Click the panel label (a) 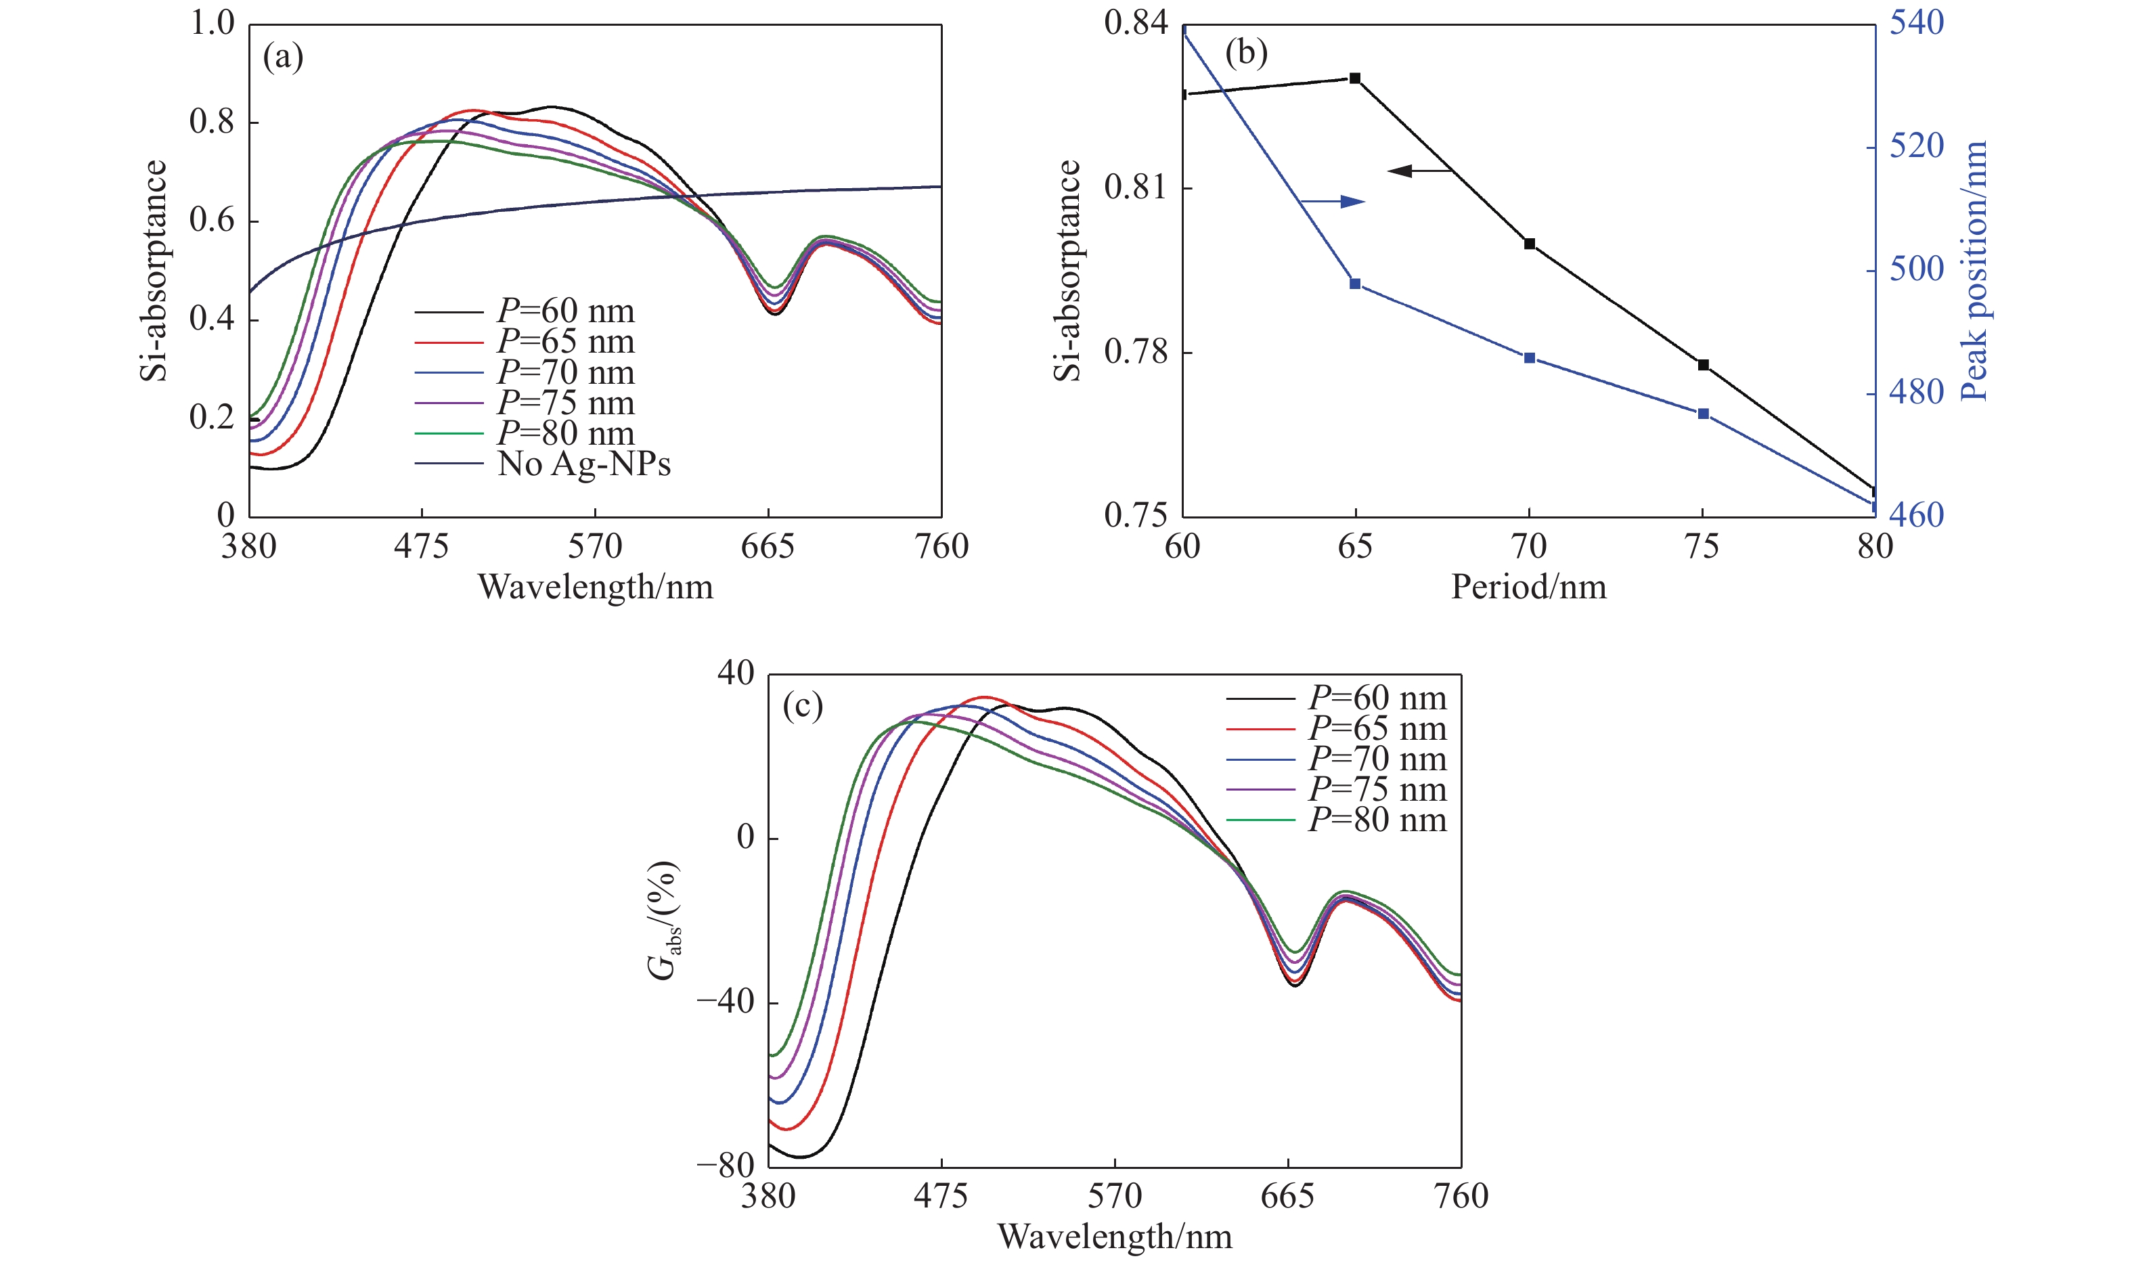coord(282,58)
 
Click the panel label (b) coord(1245,53)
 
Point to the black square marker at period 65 coord(1355,79)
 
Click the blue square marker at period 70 coord(1530,358)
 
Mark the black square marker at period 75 coord(1703,365)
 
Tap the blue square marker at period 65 coord(1355,284)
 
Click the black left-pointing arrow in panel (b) coord(1419,171)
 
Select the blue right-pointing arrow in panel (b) coord(1333,202)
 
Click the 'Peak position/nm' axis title coord(1973,271)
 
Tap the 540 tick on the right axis coord(1917,23)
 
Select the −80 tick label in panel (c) coord(726,1166)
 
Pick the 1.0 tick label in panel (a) coord(212,23)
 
